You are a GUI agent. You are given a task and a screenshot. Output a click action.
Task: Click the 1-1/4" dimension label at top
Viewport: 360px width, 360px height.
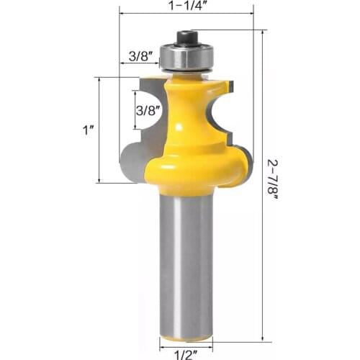coord(186,5)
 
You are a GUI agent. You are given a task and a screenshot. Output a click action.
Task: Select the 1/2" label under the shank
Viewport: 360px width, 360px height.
coord(187,352)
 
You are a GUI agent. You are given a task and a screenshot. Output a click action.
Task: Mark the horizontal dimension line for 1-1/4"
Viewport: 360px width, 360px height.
coord(186,14)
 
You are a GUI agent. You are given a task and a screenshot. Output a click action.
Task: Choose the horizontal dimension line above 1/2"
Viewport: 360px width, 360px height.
coord(186,341)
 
